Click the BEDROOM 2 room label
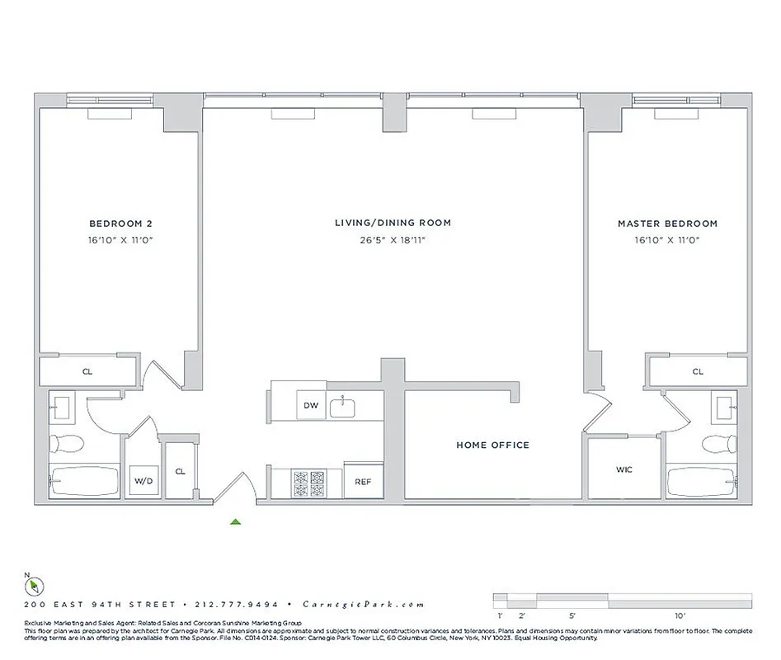120,223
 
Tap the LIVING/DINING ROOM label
393,223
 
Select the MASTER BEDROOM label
667,223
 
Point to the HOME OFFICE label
492,445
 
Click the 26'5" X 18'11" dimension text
393,240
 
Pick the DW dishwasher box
311,405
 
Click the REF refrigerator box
363,482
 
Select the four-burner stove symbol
309,483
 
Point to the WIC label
623,470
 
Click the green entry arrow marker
236,521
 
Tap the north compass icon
34,586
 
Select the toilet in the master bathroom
717,445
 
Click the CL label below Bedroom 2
87,371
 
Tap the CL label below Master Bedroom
698,371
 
